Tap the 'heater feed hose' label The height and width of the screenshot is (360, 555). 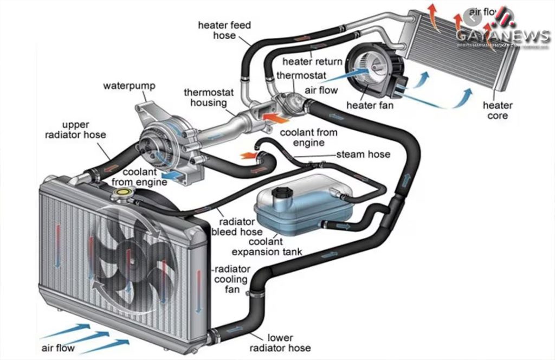217,30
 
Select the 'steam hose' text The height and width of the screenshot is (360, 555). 363,155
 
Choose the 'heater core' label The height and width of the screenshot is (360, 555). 498,110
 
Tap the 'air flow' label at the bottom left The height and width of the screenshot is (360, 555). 57,348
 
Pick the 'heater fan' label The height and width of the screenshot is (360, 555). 370,105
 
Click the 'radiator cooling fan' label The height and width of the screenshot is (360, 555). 232,280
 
